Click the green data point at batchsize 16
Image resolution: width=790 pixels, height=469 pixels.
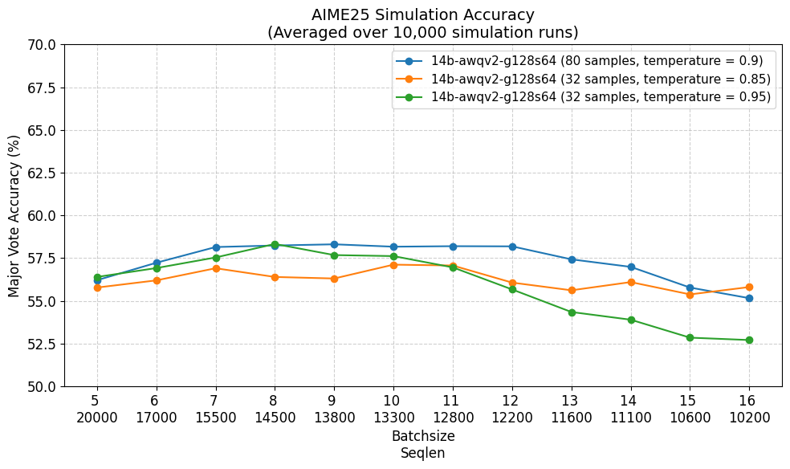click(x=749, y=340)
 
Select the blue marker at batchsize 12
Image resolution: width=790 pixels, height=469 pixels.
click(x=512, y=247)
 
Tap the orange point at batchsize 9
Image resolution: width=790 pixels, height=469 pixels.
click(x=334, y=279)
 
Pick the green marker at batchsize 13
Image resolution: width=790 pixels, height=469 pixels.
click(x=572, y=312)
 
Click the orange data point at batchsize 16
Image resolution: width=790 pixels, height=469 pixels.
click(x=749, y=288)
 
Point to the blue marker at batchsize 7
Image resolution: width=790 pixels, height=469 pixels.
click(x=216, y=247)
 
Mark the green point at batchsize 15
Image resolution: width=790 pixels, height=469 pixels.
click(x=690, y=337)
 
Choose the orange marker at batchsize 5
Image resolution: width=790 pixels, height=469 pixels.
click(x=97, y=288)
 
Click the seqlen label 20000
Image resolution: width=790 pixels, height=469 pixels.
click(x=96, y=418)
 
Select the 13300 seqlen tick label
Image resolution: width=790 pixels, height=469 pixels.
click(x=393, y=418)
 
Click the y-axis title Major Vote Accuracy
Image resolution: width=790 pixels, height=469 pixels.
click(x=14, y=216)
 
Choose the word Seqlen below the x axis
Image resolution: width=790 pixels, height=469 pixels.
click(x=423, y=454)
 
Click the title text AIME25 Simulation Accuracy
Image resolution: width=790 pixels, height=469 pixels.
click(x=423, y=14)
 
